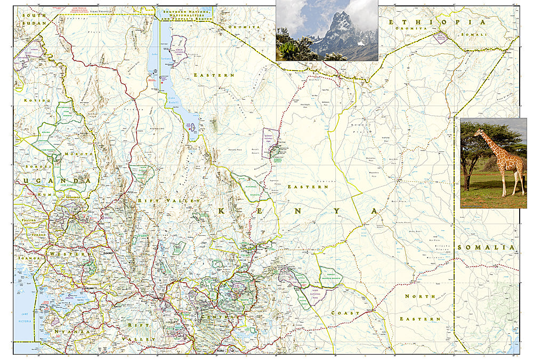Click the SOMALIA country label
[x=486, y=247]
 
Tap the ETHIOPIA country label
[x=437, y=22]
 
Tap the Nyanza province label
[x=72, y=332]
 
